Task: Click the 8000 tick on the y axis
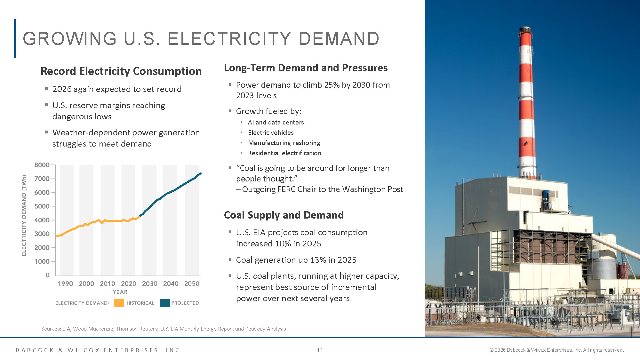[42, 165]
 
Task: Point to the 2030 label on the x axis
[149, 284]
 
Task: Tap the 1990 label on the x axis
[65, 284]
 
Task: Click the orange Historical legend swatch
[119, 303]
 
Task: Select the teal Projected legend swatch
[164, 303]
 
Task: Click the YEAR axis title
[120, 292]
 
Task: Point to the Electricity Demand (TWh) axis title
[24, 215]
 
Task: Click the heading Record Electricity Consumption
[121, 71]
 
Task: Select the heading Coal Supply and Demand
[284, 215]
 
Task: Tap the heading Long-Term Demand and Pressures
[306, 68]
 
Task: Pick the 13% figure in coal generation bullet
[318, 260]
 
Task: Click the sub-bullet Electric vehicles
[271, 132]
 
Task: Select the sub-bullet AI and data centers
[276, 122]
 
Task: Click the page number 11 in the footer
[320, 350]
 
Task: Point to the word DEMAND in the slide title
[339, 39]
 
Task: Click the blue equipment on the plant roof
[546, 196]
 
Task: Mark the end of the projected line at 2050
[200, 173]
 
